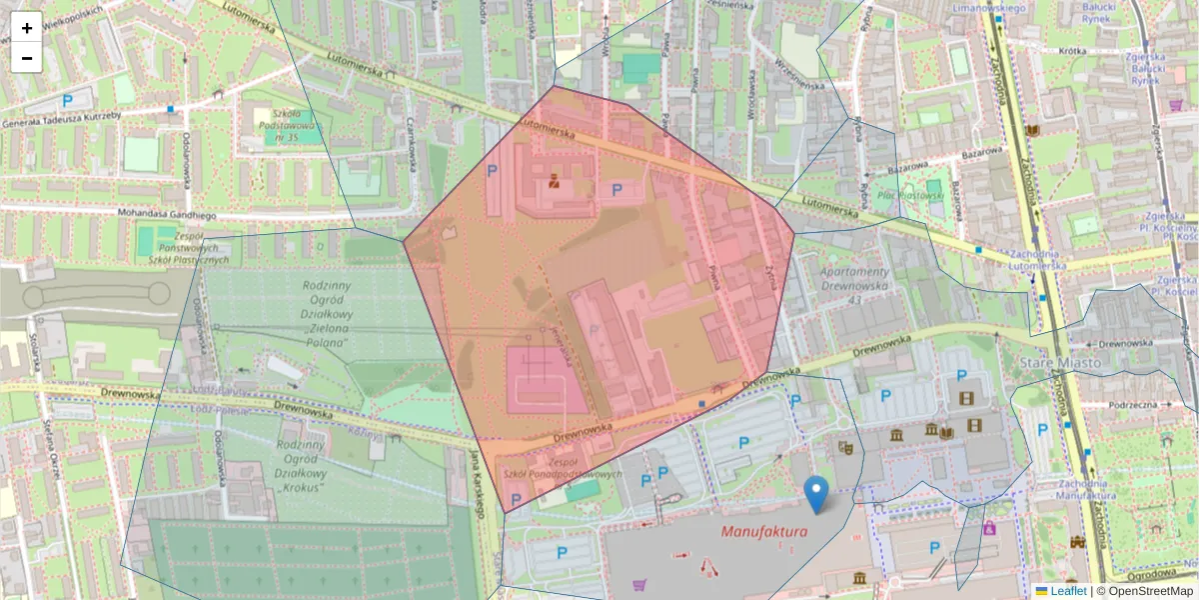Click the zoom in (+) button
27,28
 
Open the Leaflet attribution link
1068,591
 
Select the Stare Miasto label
1059,361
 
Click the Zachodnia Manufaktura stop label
1084,489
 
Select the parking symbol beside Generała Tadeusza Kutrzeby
67,100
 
